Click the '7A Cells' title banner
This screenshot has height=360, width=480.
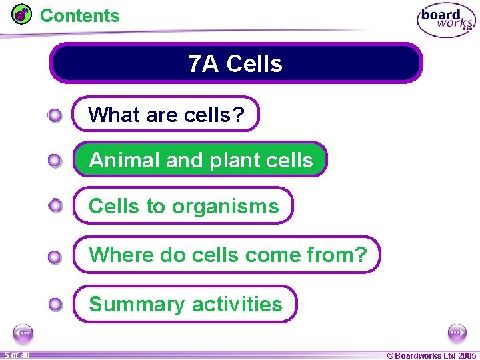[236, 63]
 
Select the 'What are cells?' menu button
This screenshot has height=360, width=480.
[165, 115]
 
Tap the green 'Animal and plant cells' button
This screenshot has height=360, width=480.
[200, 160]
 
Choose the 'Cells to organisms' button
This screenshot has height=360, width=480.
[183, 206]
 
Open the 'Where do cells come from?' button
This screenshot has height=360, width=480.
[227, 255]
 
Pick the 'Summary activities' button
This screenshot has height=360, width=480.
[185, 304]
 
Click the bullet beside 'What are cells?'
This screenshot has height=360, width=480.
[55, 116]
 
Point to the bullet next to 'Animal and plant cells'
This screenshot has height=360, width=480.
[55, 161]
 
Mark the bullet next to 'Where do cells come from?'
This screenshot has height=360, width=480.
[55, 257]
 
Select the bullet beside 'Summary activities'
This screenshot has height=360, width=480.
[55, 305]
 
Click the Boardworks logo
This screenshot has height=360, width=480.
[446, 21]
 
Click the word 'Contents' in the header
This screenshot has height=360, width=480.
[80, 15]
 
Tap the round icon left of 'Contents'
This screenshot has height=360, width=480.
[22, 14]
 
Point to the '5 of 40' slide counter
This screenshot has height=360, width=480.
[16, 355]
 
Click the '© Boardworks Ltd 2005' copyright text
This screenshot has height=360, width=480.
[431, 355]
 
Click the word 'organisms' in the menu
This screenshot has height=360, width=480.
[225, 207]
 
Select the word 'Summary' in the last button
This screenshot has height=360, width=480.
[136, 304]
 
